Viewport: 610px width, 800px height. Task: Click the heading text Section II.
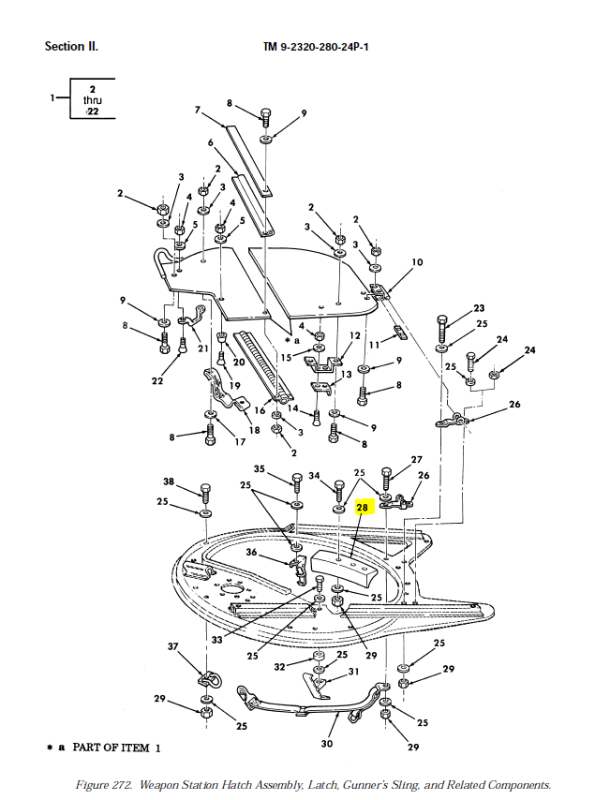(x=71, y=46)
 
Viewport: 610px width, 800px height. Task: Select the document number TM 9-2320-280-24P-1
(x=316, y=46)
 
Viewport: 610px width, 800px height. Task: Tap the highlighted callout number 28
(x=364, y=508)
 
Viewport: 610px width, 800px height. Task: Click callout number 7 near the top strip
(x=198, y=110)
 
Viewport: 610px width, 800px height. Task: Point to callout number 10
(x=417, y=262)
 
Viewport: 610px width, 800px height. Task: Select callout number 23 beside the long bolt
(x=479, y=308)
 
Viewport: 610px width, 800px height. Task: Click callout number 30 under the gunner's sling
(x=327, y=744)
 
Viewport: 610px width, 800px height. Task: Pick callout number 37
(x=172, y=647)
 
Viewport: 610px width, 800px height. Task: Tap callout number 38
(x=169, y=481)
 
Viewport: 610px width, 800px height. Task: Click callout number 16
(x=260, y=410)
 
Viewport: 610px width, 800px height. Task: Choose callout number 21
(x=203, y=348)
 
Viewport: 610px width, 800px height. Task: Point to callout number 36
(x=251, y=553)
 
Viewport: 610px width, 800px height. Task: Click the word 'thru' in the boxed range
(x=93, y=99)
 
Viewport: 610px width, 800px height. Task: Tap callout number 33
(x=216, y=640)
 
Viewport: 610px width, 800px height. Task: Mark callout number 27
(x=416, y=460)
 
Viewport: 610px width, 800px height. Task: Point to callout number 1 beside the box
(x=53, y=97)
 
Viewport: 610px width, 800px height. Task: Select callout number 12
(x=355, y=335)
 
